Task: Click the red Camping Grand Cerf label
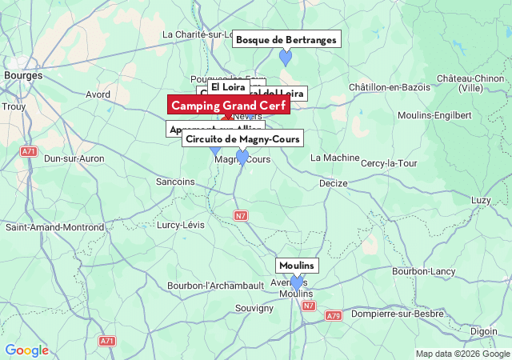tap(228, 106)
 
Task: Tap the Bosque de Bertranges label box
tap(287, 39)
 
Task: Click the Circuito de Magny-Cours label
tap(242, 139)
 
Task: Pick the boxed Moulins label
tap(297, 266)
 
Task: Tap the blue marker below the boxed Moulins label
tap(297, 282)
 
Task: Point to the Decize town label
tap(333, 183)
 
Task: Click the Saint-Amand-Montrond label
tap(54, 227)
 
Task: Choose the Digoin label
tap(483, 330)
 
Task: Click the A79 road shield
tap(333, 317)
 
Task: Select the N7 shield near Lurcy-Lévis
tap(241, 215)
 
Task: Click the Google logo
tap(26, 350)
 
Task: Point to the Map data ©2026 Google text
tap(462, 354)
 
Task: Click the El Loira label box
tap(229, 86)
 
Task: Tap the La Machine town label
tap(335, 158)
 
